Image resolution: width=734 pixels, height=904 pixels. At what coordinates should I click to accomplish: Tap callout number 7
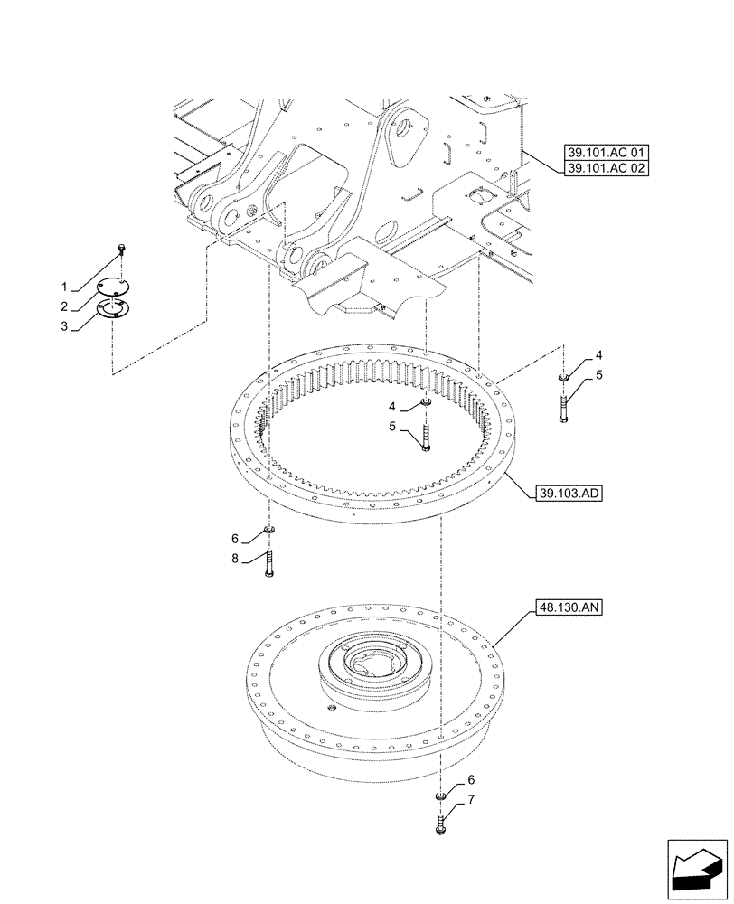tap(471, 799)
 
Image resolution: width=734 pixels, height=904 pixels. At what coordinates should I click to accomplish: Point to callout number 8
tap(235, 560)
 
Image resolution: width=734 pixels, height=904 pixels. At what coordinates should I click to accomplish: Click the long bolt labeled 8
tap(268, 562)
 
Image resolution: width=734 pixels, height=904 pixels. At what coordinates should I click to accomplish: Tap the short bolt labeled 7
tap(440, 824)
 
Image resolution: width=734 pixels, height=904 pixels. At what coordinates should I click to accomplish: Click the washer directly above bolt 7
tap(440, 796)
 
